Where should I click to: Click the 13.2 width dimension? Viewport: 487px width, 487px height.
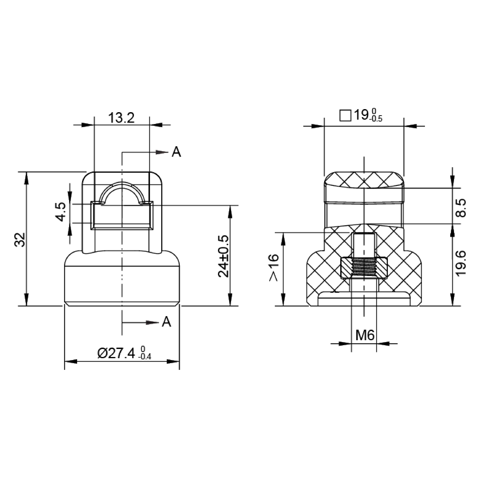(x=121, y=118)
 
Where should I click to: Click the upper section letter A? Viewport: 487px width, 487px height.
(x=176, y=152)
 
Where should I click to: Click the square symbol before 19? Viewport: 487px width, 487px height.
(x=345, y=116)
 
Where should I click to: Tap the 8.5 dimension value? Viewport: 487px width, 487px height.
(x=461, y=208)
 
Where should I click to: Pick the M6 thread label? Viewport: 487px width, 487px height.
(x=365, y=335)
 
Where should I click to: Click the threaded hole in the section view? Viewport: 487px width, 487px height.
(x=364, y=268)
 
